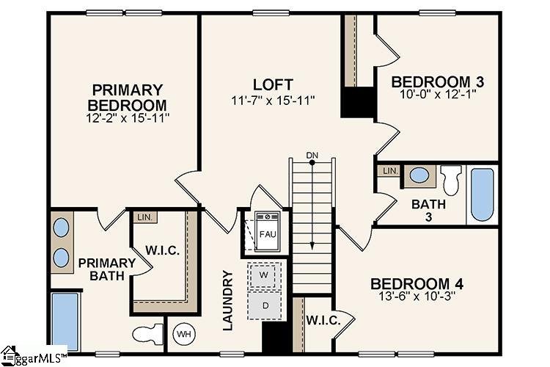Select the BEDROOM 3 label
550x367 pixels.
pyautogui.click(x=437, y=81)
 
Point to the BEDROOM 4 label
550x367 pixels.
pyautogui.click(x=416, y=283)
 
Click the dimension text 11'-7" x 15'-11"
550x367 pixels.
pyautogui.click(x=273, y=100)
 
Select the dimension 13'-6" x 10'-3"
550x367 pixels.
pyautogui.click(x=416, y=298)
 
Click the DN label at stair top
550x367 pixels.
pyautogui.click(x=312, y=154)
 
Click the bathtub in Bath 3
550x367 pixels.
pyautogui.click(x=482, y=195)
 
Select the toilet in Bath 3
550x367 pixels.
pyautogui.click(x=450, y=178)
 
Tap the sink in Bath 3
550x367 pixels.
pyautogui.click(x=419, y=175)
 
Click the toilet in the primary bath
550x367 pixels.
pyautogui.click(x=147, y=334)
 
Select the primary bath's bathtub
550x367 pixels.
pyautogui.click(x=64, y=320)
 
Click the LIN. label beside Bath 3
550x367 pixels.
pyautogui.click(x=389, y=170)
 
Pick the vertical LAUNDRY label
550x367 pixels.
pyautogui.click(x=228, y=299)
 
